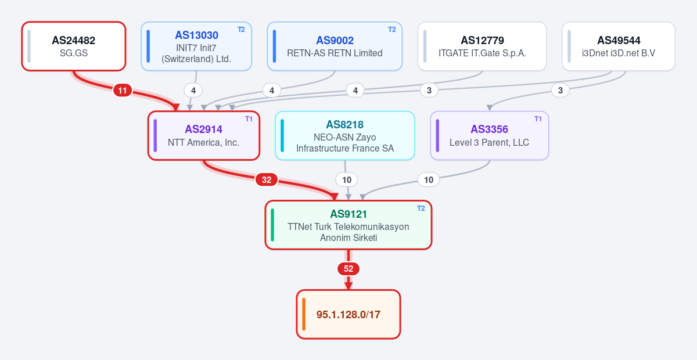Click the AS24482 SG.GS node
(74, 46)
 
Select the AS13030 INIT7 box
(196, 46)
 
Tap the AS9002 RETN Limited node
(335, 46)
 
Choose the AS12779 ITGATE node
(482, 46)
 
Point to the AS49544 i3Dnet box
(619, 46)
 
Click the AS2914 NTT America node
(204, 136)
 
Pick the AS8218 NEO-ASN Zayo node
(345, 136)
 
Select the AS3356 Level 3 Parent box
(490, 136)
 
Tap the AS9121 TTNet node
(348, 225)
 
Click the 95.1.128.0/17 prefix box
(348, 314)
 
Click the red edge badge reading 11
(123, 91)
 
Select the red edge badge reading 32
(267, 180)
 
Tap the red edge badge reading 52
(348, 269)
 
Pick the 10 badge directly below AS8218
(347, 180)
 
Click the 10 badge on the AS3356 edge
(429, 180)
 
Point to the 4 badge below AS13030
(193, 91)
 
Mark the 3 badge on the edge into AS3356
(560, 91)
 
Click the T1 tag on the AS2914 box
(249, 119)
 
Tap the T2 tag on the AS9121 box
(421, 208)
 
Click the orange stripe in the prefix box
(304, 314)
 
